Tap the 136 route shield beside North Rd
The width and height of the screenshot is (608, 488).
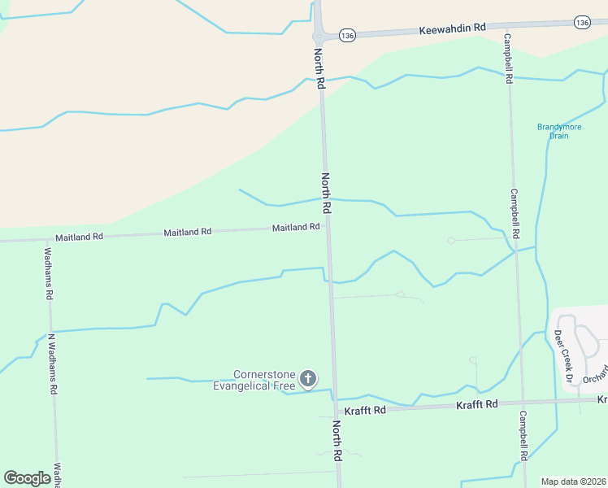[x=347, y=35]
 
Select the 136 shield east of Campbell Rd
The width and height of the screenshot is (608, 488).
[x=581, y=23]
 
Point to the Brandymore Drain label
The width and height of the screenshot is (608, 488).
[x=553, y=131]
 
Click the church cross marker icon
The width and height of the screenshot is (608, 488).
[x=308, y=378]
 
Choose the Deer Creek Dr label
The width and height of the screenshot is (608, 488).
[x=564, y=356]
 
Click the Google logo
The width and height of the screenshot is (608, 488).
[x=27, y=478]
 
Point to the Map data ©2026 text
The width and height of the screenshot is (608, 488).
[x=573, y=481]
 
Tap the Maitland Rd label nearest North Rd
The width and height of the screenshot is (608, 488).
[x=296, y=228]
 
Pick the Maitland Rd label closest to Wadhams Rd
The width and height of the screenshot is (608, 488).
[x=79, y=237]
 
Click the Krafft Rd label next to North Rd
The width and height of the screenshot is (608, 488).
[x=364, y=411]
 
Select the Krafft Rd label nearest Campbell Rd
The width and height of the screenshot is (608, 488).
[x=476, y=405]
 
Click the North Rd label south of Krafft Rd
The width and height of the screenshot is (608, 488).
[x=337, y=441]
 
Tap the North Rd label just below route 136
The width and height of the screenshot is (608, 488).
[x=320, y=68]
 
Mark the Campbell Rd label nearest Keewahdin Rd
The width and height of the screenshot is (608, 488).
[x=508, y=59]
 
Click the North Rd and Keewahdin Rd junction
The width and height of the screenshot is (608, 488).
[x=319, y=37]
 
